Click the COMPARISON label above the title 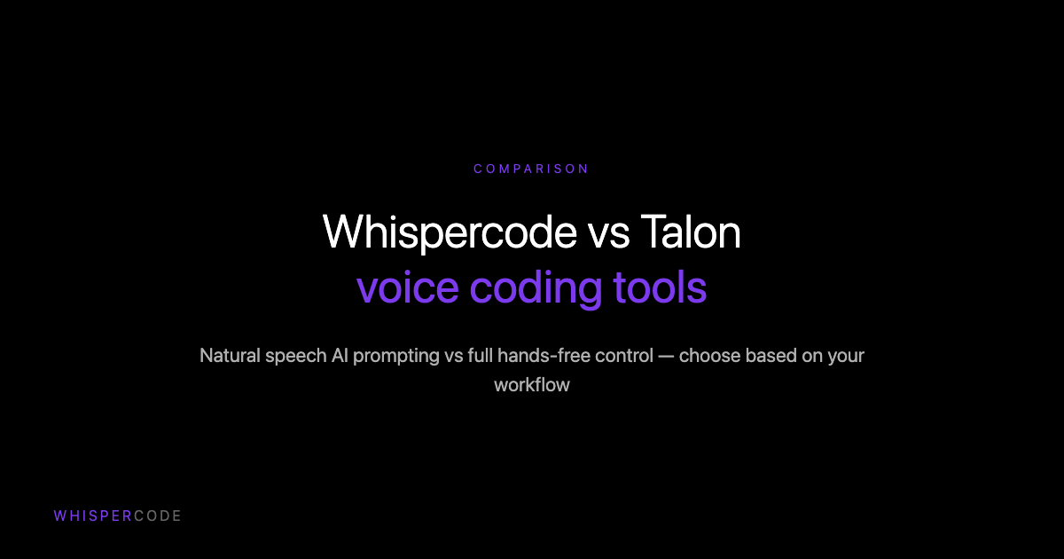tap(531, 169)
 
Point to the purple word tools tap(660, 288)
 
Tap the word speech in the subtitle tap(295, 356)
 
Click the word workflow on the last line tap(532, 385)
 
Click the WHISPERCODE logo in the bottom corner tap(117, 516)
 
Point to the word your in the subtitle tap(847, 356)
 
